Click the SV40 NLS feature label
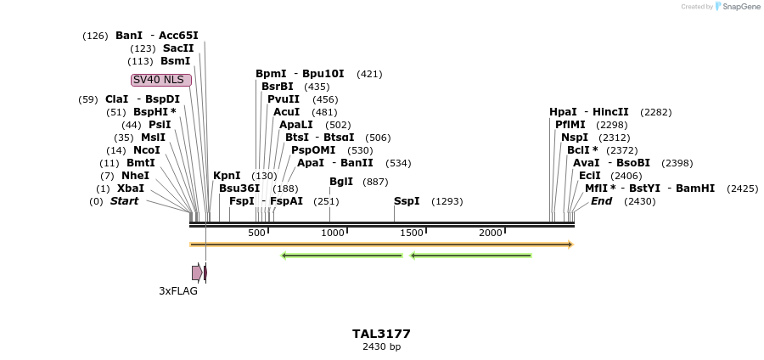(161, 80)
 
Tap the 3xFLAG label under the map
(178, 291)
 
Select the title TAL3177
(381, 334)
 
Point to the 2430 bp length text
(381, 346)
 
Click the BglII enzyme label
(341, 182)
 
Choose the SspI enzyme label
(407, 201)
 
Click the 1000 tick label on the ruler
(333, 233)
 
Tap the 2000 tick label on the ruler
(491, 233)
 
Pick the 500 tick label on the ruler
(256, 233)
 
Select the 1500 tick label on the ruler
(412, 233)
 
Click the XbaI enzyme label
(131, 188)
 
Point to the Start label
(124, 201)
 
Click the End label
(601, 201)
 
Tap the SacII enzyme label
(178, 48)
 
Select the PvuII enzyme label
(284, 99)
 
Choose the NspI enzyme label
(574, 138)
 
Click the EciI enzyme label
(589, 176)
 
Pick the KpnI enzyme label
(227, 176)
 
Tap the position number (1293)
(447, 202)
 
